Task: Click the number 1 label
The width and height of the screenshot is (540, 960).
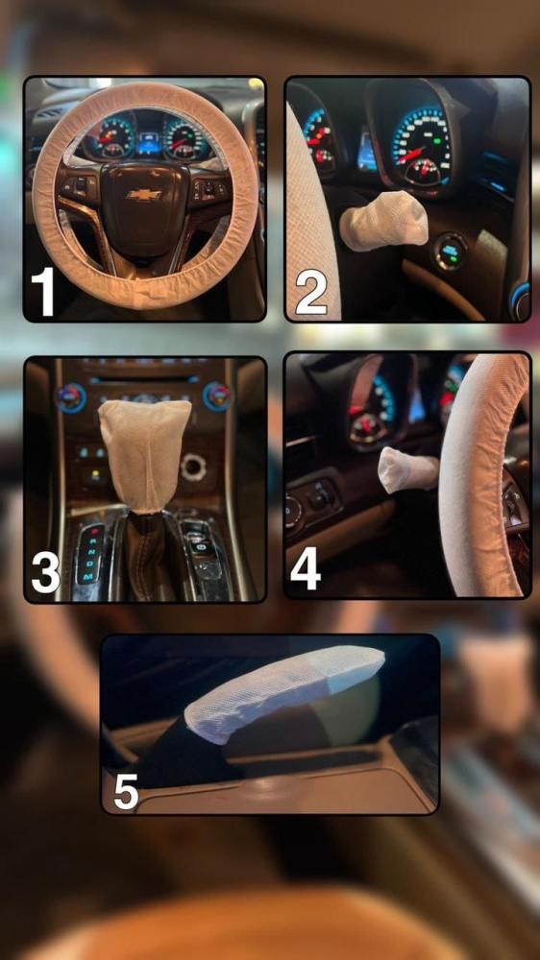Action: (43, 292)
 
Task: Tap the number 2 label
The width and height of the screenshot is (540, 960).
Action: (310, 293)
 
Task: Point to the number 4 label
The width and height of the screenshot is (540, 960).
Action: (306, 568)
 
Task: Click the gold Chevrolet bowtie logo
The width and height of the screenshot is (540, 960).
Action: (144, 194)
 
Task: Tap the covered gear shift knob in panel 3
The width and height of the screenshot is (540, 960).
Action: (145, 454)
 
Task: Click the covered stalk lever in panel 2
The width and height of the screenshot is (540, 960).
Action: (383, 221)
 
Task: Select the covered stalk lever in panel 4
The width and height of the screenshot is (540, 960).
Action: (407, 469)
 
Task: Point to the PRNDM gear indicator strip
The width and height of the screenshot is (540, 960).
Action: (89, 552)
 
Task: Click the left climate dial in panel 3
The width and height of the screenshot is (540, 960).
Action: (71, 396)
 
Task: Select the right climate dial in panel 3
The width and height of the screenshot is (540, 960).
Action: (217, 396)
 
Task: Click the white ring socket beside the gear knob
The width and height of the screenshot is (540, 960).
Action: (194, 467)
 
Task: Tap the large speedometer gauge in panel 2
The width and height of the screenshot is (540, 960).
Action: (422, 146)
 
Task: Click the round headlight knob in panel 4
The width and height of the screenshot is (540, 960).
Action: (293, 513)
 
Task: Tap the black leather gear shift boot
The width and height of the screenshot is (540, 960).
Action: (147, 554)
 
